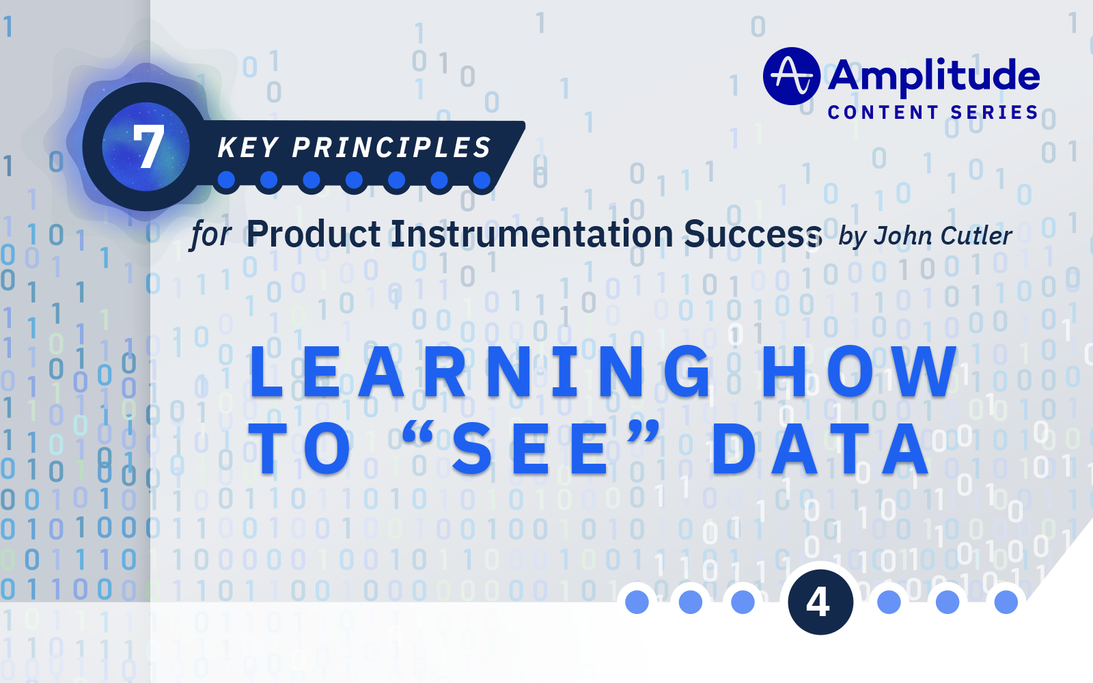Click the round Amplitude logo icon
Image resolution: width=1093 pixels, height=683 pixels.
(791, 76)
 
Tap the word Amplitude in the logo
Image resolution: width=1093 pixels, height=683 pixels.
(934, 76)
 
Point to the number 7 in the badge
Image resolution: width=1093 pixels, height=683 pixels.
(148, 147)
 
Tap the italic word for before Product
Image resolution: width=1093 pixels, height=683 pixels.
(211, 234)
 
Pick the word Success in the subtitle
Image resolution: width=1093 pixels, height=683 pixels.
(753, 234)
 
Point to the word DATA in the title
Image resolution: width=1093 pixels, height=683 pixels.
(820, 449)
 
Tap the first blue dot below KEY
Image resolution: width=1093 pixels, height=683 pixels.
(226, 180)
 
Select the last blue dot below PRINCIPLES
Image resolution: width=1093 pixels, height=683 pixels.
(482, 180)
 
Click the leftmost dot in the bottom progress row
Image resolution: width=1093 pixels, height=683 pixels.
(637, 602)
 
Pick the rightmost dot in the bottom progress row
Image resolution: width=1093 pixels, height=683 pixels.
(1006, 602)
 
